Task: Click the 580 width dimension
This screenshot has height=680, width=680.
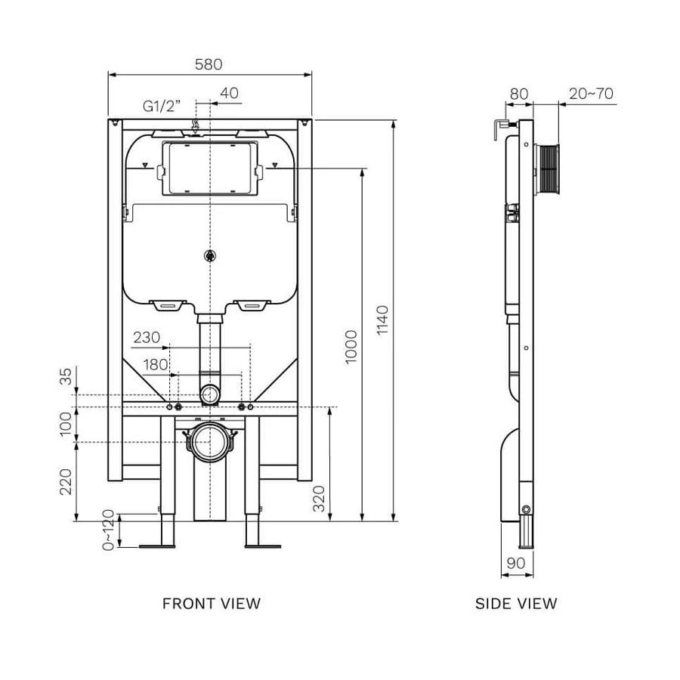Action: pos(209,64)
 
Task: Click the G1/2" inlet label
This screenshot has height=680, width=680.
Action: pos(162,107)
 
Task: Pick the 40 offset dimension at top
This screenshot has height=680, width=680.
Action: pos(229,92)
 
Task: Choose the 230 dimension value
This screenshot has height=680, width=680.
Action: pos(146,338)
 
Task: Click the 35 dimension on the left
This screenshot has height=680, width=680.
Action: pos(66,376)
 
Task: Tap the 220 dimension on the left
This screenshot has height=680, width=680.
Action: pos(66,482)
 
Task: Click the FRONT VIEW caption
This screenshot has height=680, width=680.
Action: pos(212,603)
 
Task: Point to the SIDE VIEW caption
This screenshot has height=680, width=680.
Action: pos(516,603)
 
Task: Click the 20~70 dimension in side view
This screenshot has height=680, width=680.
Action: pos(592,94)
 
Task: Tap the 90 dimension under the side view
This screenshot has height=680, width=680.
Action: pos(516,563)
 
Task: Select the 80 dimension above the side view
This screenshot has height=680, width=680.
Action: pos(519,94)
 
